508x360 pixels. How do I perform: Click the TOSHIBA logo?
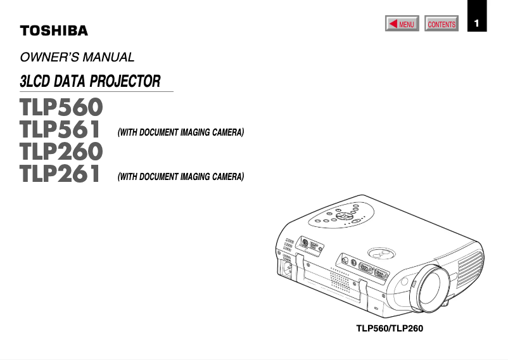tap(54, 30)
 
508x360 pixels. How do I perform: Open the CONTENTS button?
tap(441, 25)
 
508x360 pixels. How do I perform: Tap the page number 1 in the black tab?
tap(478, 24)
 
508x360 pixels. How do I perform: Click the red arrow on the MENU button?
tap(393, 24)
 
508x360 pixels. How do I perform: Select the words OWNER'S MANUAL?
tap(77, 58)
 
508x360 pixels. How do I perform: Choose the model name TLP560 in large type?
tap(61, 107)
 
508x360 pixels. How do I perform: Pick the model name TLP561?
tap(61, 130)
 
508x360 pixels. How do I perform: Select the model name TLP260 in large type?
tap(61, 152)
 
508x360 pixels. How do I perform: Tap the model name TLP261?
tap(61, 174)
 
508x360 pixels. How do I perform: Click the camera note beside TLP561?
tap(181, 133)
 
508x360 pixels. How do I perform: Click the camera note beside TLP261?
tap(181, 177)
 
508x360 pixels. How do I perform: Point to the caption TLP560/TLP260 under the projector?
tap(389, 329)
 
